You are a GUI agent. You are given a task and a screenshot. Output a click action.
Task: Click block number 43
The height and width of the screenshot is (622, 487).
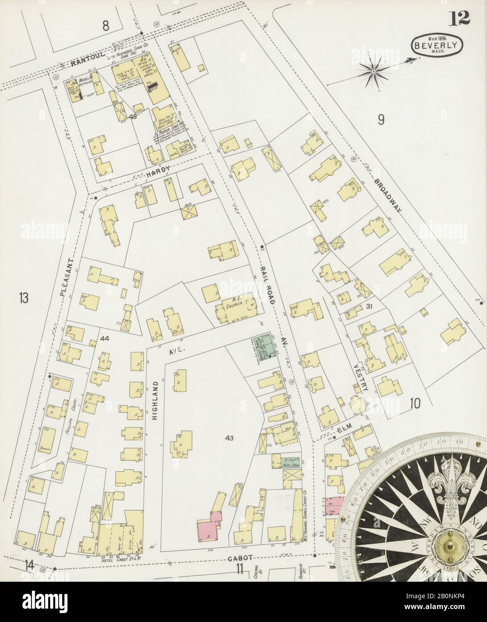pos(230,438)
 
